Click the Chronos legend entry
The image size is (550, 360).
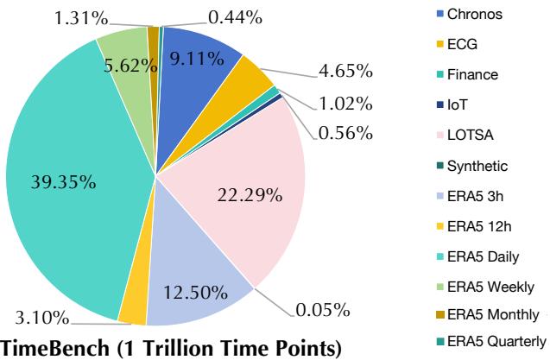coord(471,13)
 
